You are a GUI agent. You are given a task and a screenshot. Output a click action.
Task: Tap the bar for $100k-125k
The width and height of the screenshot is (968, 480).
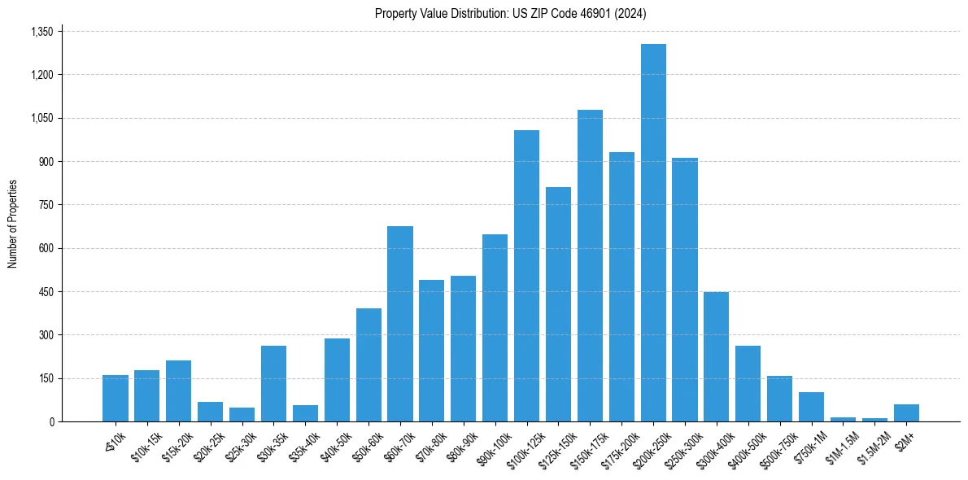(x=526, y=276)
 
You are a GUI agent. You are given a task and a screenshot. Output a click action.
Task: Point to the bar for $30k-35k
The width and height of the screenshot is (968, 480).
(x=273, y=383)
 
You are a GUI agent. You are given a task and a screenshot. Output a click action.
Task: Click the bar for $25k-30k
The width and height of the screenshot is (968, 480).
(x=242, y=415)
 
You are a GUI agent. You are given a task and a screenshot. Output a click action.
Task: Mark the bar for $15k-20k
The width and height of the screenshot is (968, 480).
(x=178, y=391)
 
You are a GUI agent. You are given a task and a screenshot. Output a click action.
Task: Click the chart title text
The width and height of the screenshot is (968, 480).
(x=510, y=14)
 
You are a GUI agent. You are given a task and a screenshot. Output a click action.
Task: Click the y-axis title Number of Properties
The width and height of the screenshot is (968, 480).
(x=13, y=224)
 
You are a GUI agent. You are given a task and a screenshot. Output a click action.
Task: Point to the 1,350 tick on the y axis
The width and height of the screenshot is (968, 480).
(x=41, y=32)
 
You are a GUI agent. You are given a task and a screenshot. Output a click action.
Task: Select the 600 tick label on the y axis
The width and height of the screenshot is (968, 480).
(x=46, y=248)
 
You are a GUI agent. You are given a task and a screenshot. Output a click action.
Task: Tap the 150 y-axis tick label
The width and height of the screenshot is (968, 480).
(x=46, y=378)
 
